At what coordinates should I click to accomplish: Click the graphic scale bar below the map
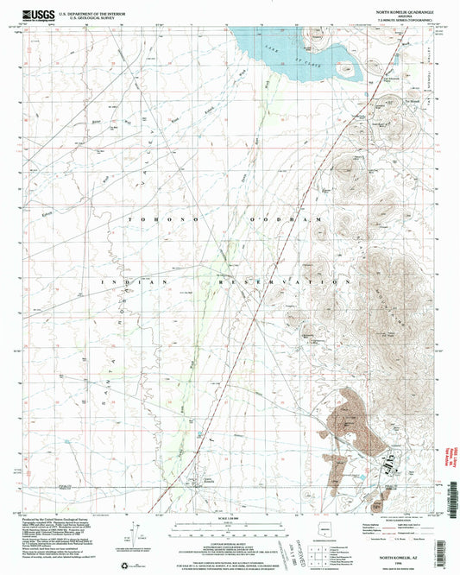(230, 527)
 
